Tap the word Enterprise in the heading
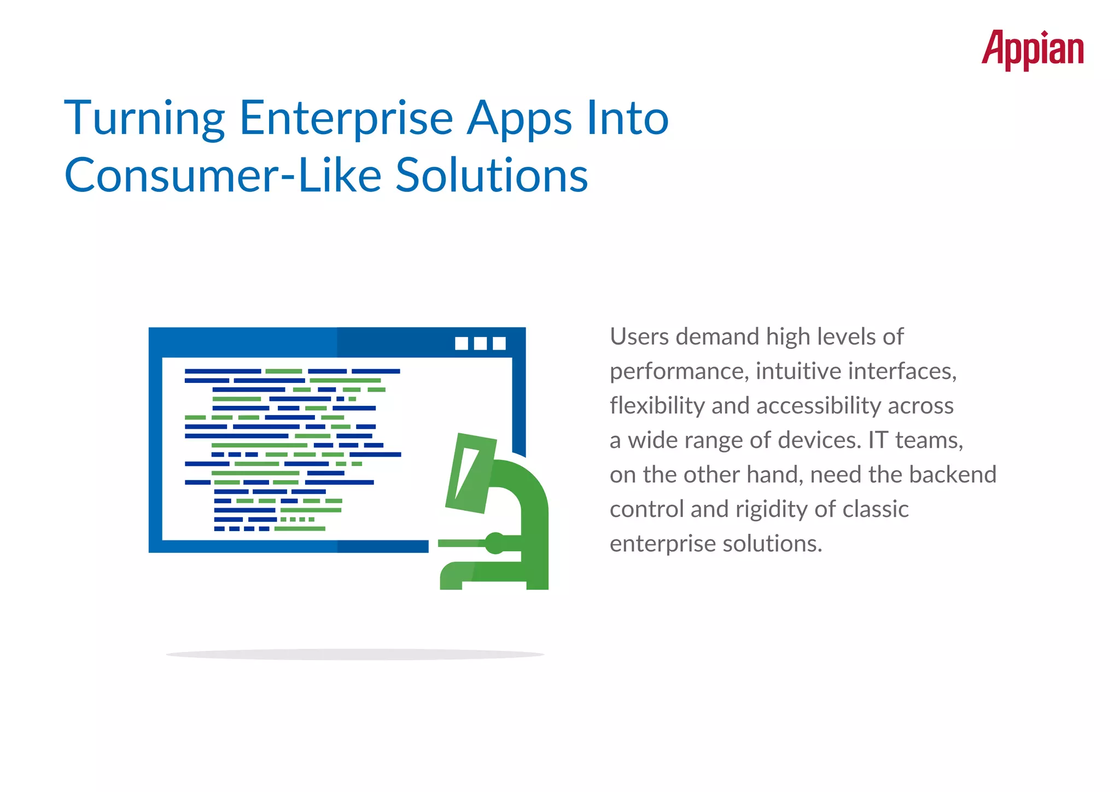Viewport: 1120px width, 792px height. tap(346, 119)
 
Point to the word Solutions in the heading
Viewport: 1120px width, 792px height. tap(491, 176)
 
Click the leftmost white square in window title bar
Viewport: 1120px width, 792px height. tap(462, 343)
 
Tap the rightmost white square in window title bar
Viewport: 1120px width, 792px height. tap(499, 343)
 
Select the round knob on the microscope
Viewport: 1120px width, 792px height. tap(495, 543)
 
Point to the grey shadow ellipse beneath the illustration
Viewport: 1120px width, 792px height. tap(355, 654)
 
